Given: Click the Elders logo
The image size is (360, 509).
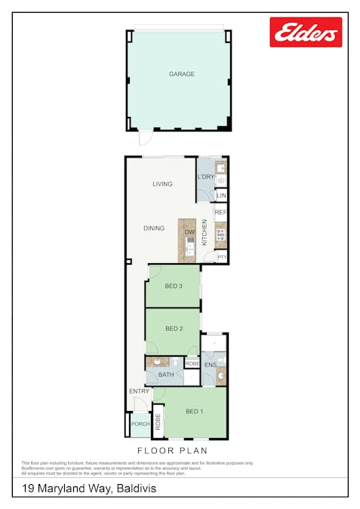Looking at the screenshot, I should tap(306, 32).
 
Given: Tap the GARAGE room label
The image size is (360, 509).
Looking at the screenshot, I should tap(182, 74).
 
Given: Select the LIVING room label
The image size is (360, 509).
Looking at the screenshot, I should tap(162, 184).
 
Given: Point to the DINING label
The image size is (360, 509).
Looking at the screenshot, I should tap(154, 228).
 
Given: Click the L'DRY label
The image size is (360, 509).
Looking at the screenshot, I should tap(205, 177).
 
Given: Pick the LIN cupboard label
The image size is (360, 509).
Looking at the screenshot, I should tap(221, 196).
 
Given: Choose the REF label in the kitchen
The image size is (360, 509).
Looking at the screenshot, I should tap(220, 213).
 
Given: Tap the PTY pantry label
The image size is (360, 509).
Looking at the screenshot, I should tap(221, 257).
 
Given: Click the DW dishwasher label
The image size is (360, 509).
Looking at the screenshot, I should tap(189, 232).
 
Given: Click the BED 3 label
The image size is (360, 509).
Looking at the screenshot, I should tap(174, 285).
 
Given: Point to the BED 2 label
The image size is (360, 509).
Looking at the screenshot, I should tap(174, 328).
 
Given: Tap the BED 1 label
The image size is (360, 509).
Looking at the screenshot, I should tap(195, 411).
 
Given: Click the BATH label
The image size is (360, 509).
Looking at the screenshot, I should tap(166, 375).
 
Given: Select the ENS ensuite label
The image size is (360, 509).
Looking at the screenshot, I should tap(210, 366).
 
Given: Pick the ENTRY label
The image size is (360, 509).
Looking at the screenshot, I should tap(139, 391).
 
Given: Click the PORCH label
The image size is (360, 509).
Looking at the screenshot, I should tap(140, 425).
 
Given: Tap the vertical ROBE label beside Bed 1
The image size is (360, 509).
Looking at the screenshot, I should tap(158, 422).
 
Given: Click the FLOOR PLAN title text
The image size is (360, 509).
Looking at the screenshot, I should tap(171, 451).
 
